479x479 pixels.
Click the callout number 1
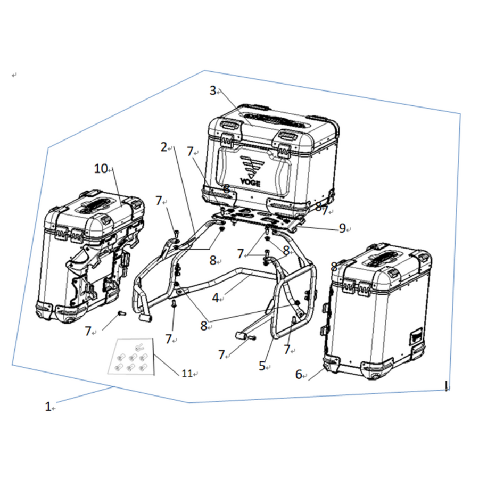pos(48,407)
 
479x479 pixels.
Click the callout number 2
pos(164,147)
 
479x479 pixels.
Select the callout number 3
pos(213,90)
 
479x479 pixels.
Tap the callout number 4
pos(216,298)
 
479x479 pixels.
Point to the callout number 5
pos(262,366)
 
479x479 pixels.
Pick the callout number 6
pos(299,374)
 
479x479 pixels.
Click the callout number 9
pos(342,228)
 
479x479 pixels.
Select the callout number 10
pos(101,168)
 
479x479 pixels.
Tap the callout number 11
pos(187,373)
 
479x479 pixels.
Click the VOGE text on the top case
pos(250,183)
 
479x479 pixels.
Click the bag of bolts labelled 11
pos(131,356)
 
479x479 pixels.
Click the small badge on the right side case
pos(416,334)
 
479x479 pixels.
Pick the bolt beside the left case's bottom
pos(121,313)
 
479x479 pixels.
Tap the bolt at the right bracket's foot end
pos(253,338)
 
